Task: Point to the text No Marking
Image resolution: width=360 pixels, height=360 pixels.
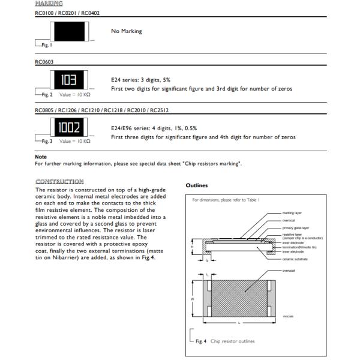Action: pyautogui.click(x=127, y=31)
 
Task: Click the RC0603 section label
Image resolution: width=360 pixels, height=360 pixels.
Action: pyautogui.click(x=44, y=61)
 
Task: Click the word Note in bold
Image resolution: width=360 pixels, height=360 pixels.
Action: pyautogui.click(x=40, y=158)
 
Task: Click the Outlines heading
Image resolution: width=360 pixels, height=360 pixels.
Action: pyautogui.click(x=197, y=186)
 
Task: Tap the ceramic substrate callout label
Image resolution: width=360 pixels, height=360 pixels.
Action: pyautogui.click(x=296, y=259)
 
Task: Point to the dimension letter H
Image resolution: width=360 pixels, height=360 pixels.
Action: pyautogui.click(x=191, y=247)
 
